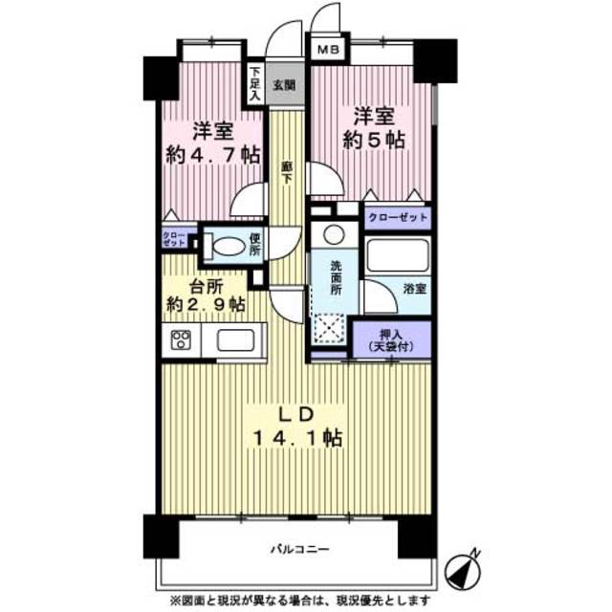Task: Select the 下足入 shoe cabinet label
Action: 255,84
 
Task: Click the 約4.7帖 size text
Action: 211,155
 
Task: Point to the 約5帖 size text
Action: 373,140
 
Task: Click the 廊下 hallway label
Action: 286,171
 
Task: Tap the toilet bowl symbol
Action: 227,246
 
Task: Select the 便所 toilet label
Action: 255,246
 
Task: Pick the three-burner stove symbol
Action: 182,340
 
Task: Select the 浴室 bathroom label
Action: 414,286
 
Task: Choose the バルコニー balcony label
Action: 297,551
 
